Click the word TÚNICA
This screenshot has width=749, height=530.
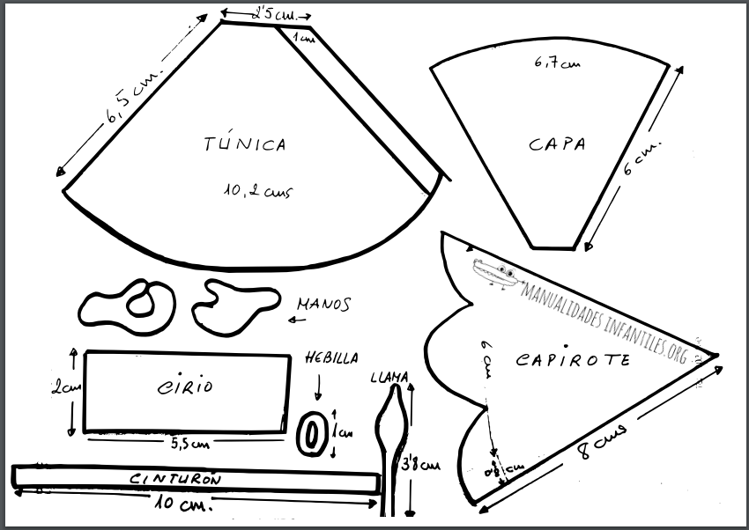pos(245,144)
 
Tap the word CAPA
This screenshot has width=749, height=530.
pos(557,144)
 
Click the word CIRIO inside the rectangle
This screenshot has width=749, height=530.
pos(185,386)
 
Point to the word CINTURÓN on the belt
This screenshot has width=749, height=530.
pos(175,480)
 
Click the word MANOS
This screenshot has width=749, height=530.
pos(323,305)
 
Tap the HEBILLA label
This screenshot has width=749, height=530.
pos(331,358)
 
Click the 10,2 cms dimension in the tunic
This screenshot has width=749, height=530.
pos(258,189)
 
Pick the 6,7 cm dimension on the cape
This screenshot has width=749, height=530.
pos(557,63)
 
